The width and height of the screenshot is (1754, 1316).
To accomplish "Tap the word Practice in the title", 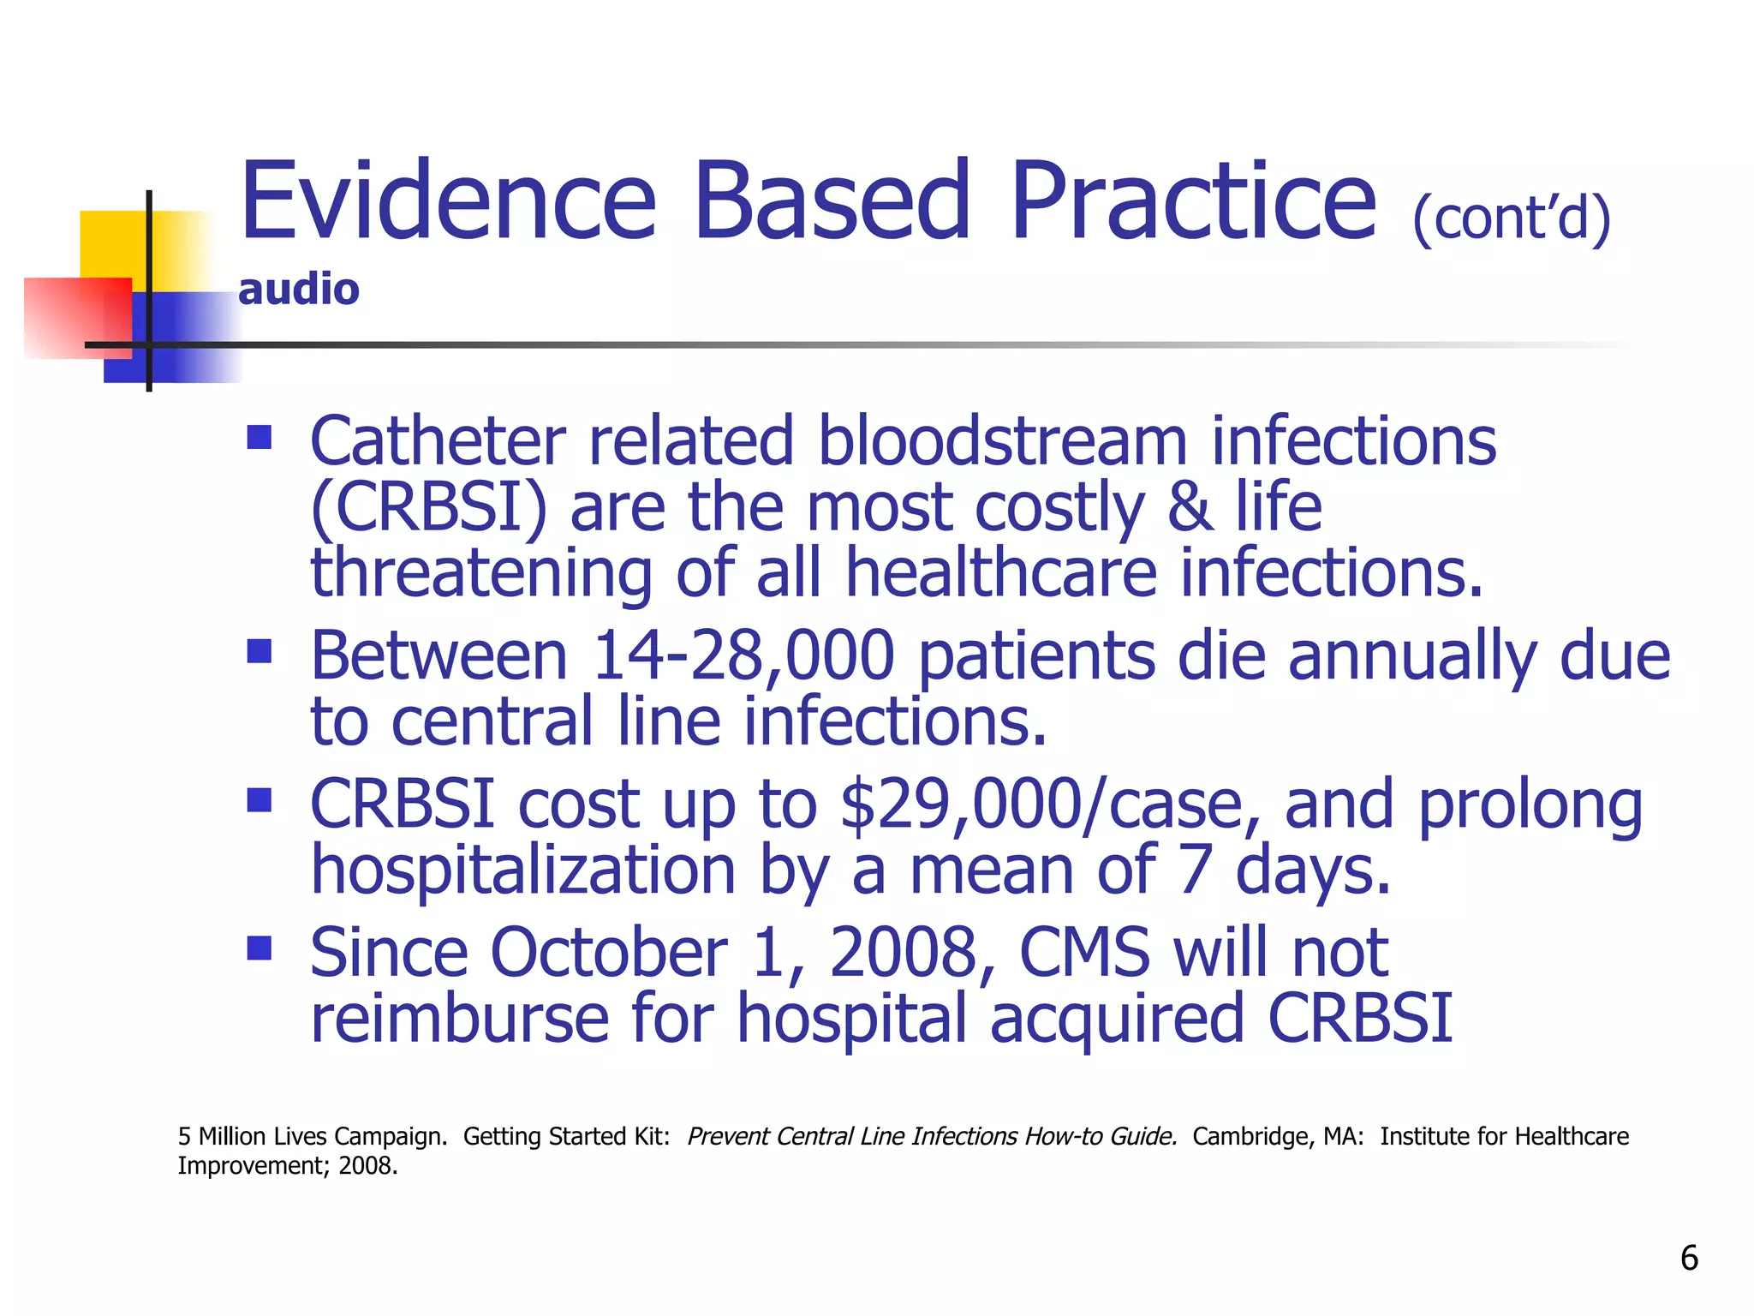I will click(x=1193, y=202).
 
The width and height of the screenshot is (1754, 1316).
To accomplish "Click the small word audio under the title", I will click(x=298, y=290).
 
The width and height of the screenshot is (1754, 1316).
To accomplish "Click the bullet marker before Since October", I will click(x=259, y=948).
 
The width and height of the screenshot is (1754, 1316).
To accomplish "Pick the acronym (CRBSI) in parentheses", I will click(x=427, y=507).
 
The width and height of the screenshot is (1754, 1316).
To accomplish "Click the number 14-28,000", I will click(x=743, y=656).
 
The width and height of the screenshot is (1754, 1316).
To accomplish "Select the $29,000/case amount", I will click(x=1050, y=805).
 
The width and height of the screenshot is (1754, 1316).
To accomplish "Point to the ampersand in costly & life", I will click(x=1190, y=507).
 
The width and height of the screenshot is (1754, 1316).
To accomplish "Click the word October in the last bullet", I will click(x=608, y=953).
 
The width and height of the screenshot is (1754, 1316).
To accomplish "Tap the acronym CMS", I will click(x=1084, y=953).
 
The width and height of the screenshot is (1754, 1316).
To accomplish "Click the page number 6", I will click(x=1689, y=1258).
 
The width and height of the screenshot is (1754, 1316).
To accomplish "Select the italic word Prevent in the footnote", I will click(x=727, y=1136).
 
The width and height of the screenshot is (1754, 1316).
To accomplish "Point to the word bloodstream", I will click(x=1002, y=441).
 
